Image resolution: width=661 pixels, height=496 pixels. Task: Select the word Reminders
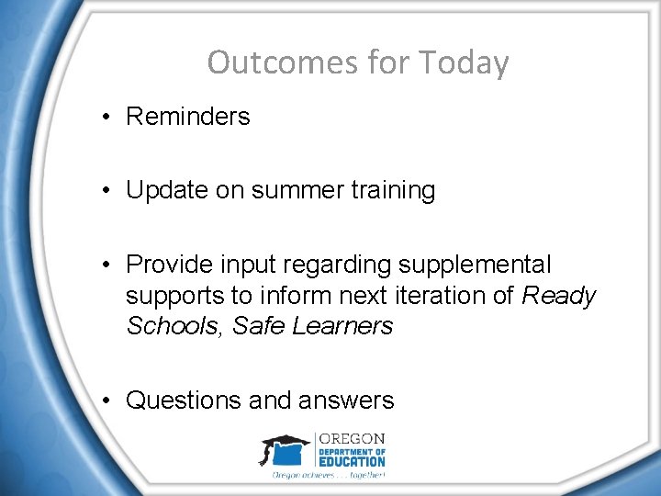(187, 117)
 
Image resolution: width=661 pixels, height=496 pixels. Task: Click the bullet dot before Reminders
(107, 117)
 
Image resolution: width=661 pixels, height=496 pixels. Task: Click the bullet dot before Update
(107, 190)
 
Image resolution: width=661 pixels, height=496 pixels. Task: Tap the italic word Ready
(559, 296)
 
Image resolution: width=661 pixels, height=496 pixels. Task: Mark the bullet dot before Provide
(107, 265)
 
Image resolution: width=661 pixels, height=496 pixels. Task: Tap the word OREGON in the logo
(353, 439)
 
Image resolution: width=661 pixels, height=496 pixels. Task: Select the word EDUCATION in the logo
(353, 461)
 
